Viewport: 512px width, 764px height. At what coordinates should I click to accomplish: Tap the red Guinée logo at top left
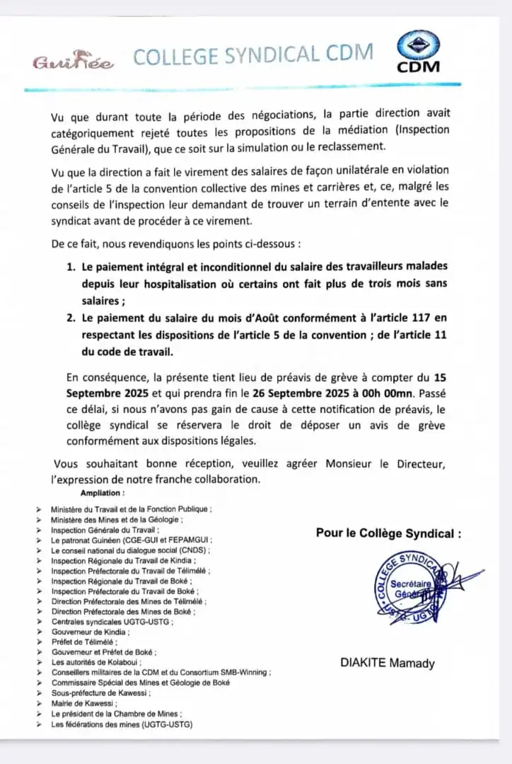72,62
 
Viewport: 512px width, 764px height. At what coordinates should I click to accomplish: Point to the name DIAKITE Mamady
388,664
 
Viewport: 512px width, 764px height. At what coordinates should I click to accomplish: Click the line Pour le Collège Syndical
388,533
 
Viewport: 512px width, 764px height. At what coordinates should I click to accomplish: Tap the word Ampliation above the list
103,493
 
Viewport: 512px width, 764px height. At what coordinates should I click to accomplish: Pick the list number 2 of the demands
71,318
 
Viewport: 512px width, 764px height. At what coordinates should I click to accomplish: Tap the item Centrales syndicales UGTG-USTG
111,621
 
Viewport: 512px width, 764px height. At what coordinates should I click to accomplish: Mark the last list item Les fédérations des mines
122,724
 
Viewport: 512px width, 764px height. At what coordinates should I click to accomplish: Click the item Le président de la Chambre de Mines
116,714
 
